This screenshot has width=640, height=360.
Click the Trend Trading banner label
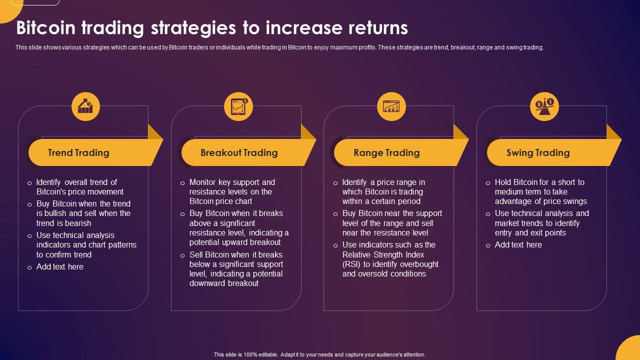[x=78, y=152]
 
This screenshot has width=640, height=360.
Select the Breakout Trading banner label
[x=239, y=152]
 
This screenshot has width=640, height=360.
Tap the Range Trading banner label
[x=386, y=152]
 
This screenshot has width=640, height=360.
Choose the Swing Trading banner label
[x=538, y=152]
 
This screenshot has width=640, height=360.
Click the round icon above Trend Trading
[x=85, y=106]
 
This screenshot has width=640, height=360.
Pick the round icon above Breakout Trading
[x=238, y=106]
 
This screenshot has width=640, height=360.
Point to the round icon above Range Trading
[x=391, y=106]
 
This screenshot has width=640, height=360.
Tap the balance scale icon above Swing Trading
[x=544, y=106]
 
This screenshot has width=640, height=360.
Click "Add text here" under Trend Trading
[x=60, y=266]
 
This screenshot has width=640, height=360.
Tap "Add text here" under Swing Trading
[x=518, y=244]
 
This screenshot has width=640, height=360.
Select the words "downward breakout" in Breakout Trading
[x=224, y=283]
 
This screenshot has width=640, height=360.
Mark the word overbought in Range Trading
[x=417, y=264]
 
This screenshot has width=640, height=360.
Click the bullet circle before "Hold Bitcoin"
[x=488, y=183]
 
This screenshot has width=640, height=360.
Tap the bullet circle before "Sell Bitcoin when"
[x=182, y=255]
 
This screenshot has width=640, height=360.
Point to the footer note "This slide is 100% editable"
[x=319, y=354]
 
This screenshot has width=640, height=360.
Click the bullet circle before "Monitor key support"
[x=182, y=183]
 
